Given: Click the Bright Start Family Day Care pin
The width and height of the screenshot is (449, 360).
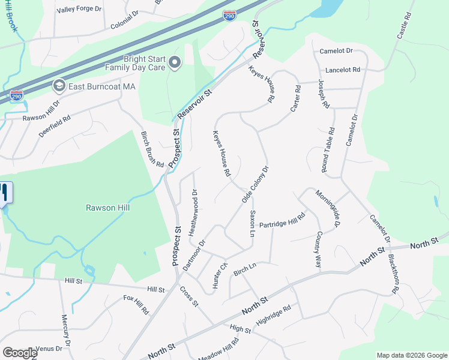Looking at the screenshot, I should [175, 62].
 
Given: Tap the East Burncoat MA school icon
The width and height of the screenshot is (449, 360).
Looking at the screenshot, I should [59, 86].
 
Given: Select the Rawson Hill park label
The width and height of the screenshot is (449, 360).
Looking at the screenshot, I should [108, 208].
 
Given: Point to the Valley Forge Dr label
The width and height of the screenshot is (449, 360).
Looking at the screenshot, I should [79, 10].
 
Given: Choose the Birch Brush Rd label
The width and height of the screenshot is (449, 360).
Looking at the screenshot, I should [152, 149].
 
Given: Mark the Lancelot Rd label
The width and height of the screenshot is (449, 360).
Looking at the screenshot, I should [343, 70].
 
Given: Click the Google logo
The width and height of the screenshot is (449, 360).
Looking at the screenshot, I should [20, 353].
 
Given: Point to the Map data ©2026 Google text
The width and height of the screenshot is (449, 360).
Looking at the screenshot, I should [412, 355].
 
